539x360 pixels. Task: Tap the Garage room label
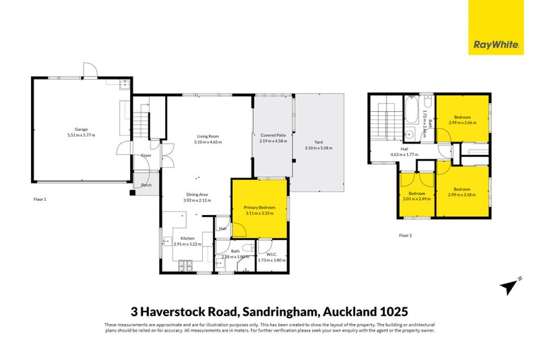[81, 129]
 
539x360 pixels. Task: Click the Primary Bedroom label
[259, 207]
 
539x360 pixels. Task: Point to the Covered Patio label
[274, 136]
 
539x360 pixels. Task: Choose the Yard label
[318, 142]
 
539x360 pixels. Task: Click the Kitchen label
[187, 238]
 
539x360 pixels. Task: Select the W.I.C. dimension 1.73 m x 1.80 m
[272, 260]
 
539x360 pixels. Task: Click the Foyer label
[146, 156]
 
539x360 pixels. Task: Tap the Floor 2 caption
[405, 235]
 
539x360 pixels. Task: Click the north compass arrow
[511, 286]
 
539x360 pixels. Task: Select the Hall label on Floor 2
[404, 149]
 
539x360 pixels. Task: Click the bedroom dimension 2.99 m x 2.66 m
[462, 123]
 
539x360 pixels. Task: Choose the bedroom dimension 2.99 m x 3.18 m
[462, 195]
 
